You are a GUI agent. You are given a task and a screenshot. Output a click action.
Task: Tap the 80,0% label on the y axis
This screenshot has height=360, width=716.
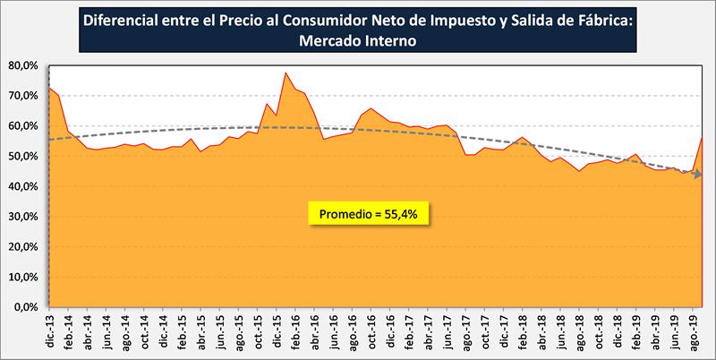pyautogui.click(x=22, y=65)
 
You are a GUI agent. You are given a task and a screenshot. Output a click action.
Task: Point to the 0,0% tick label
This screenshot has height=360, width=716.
pyautogui.click(x=25, y=307)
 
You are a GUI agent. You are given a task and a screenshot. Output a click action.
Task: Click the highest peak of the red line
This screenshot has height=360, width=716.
pyautogui.click(x=286, y=73)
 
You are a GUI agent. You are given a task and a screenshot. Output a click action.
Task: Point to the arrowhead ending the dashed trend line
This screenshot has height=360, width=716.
pyautogui.click(x=696, y=174)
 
